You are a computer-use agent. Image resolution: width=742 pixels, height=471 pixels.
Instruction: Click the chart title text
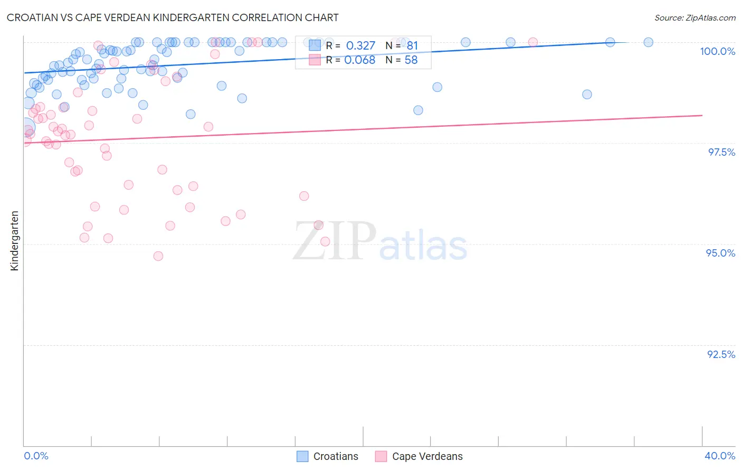173,17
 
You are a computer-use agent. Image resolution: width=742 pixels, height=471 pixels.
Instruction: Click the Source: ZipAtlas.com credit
695,17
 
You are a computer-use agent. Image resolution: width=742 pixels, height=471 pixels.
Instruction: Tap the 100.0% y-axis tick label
717,51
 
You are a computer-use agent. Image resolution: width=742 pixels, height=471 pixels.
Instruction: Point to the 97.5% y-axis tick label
721,152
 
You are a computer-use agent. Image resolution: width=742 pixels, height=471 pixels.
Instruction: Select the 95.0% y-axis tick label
720,253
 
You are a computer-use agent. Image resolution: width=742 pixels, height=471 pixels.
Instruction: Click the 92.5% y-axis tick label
721,354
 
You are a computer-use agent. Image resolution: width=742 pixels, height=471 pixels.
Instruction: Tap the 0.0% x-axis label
36,456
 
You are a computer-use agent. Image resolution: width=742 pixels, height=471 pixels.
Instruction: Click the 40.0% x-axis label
719,456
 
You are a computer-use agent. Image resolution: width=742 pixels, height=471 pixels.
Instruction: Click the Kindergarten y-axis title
15,241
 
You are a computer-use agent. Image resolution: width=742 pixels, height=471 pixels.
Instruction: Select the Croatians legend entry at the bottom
328,456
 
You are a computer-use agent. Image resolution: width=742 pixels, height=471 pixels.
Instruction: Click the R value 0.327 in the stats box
360,46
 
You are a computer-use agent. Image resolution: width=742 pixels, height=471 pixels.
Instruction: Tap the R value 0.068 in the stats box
359,60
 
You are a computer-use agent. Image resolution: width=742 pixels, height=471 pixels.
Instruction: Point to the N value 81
412,46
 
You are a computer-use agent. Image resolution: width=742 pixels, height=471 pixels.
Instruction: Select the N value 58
411,60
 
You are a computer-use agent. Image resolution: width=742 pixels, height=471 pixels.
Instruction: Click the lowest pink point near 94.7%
158,256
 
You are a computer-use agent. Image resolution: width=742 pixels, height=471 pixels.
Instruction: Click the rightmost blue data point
648,42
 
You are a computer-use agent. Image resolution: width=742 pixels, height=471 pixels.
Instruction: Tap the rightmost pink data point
532,42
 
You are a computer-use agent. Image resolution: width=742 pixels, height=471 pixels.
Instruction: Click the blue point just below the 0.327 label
437,87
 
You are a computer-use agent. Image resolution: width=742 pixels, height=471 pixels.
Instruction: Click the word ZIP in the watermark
335,242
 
